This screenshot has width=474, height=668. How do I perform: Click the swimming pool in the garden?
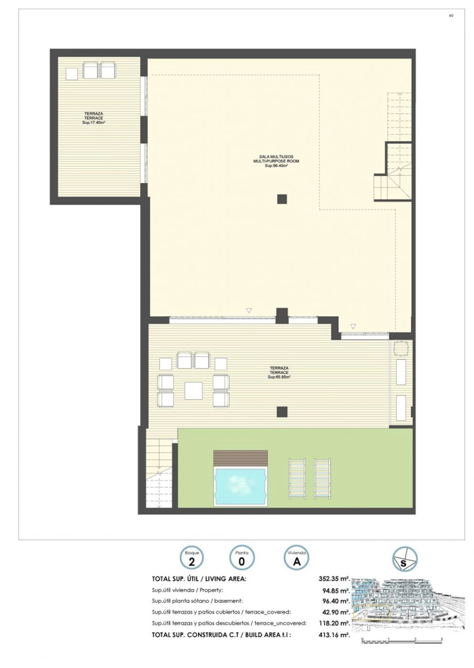tap(240, 487)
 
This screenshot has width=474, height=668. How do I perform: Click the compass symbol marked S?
tap(405, 558)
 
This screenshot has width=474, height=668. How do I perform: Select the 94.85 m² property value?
tap(336, 590)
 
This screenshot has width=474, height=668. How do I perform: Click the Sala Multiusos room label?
tap(276, 157)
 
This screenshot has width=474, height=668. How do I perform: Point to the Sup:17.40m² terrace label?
tap(93, 122)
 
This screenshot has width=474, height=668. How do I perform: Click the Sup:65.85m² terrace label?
tap(279, 377)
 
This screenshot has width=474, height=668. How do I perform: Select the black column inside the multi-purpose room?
tap(282, 199)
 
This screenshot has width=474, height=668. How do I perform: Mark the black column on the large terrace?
tap(282, 411)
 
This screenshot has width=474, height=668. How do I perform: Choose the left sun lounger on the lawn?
tap(297, 479)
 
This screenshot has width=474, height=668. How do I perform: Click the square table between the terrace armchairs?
tap(193, 391)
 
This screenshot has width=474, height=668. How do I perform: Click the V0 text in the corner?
tap(451, 16)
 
